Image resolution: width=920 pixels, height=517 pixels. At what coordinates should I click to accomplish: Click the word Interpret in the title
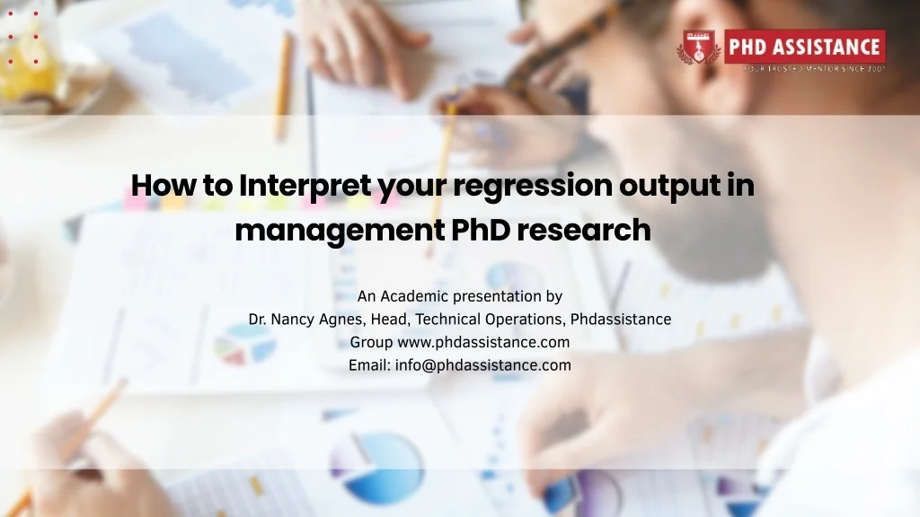pos(305,186)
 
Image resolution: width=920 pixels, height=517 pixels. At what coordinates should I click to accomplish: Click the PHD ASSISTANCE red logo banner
pos(804,46)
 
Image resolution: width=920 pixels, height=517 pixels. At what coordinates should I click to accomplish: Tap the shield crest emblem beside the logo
pos(699,48)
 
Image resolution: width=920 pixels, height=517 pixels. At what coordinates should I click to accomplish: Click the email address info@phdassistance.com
pos(483,365)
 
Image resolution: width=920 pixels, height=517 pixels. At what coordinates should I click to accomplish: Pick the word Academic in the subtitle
pos(414,296)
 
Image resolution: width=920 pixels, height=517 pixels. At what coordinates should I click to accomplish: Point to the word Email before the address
pos(369,365)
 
